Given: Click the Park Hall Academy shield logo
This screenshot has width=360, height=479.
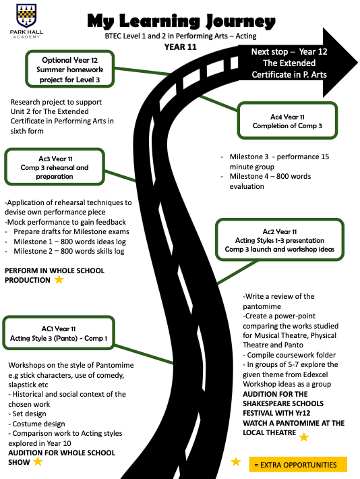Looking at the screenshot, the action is point(26,16).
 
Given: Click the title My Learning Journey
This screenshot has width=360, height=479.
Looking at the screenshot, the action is point(181,22).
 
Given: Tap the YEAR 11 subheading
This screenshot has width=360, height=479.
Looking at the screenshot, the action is point(180,47).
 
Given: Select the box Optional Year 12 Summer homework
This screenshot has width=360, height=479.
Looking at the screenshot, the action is point(70,69).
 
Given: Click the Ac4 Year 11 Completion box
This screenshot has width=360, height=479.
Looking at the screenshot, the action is point(287,121).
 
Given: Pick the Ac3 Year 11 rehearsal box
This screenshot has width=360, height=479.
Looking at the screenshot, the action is point(55,167).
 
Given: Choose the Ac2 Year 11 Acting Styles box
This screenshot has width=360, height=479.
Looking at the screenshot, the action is point(280,240).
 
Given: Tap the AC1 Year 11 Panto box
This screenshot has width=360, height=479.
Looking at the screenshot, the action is point(59,333).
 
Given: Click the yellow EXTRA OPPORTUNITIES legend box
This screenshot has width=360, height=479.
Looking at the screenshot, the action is point(298,465).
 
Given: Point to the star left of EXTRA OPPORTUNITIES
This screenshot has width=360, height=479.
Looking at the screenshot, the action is point(236,461).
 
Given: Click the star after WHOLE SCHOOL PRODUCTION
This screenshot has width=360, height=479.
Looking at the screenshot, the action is point(59,279).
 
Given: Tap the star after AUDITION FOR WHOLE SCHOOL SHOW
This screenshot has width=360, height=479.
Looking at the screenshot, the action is point(38,461).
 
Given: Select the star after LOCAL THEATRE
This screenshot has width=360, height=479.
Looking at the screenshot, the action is point(304,437).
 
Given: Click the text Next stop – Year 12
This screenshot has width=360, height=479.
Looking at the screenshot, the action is point(289,52).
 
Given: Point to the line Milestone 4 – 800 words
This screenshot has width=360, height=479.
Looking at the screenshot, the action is point(270,176).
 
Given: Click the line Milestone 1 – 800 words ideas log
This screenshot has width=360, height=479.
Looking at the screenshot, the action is point(69,242).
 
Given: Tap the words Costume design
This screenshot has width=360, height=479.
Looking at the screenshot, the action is point(39,424).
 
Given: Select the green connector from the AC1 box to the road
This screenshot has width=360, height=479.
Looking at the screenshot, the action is point(144,354).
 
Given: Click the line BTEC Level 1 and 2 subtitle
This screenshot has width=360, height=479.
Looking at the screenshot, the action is point(181,36).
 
